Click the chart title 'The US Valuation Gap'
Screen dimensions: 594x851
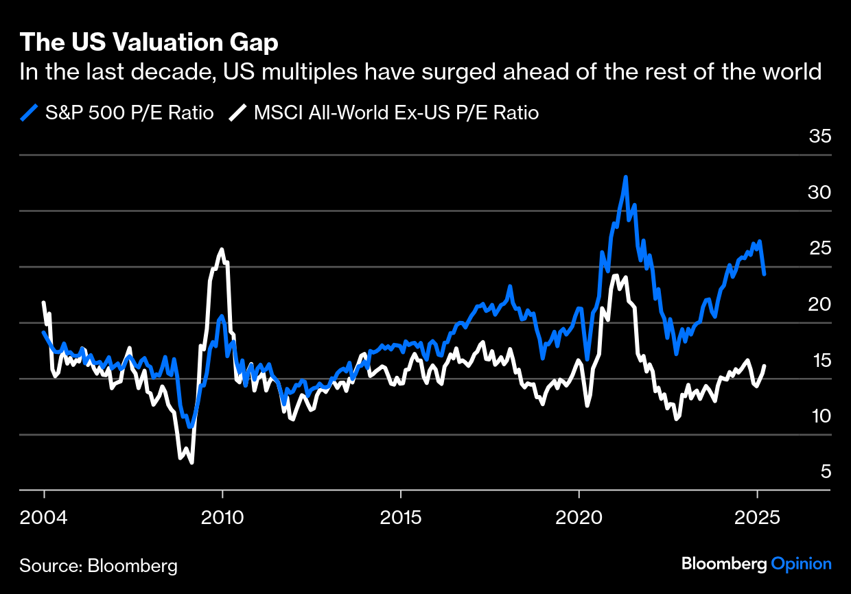(149, 43)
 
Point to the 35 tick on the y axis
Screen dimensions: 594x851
(820, 136)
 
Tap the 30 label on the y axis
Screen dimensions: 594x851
(820, 193)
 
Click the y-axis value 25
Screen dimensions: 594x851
(820, 248)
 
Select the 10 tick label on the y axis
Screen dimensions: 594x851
(820, 416)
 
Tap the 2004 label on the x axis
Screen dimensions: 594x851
(44, 516)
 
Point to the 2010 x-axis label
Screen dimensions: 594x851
(222, 516)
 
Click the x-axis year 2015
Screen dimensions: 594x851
(400, 516)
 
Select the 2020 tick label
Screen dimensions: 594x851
(579, 516)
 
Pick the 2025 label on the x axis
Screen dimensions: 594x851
(757, 516)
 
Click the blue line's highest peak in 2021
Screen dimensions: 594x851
(625, 177)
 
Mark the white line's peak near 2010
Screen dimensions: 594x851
(222, 250)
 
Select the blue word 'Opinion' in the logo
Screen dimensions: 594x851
(801, 564)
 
